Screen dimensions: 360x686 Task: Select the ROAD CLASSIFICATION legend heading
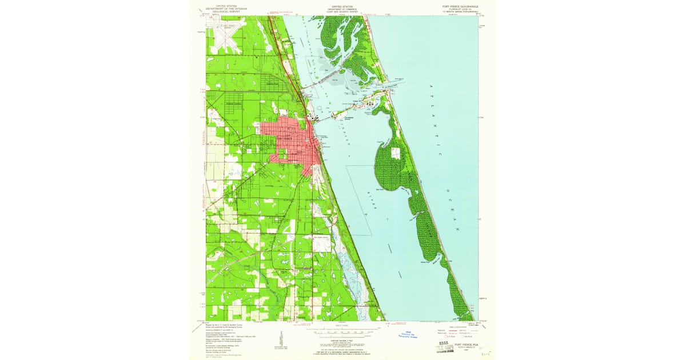pos(450,326)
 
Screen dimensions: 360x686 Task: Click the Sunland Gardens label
pos(234,103)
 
